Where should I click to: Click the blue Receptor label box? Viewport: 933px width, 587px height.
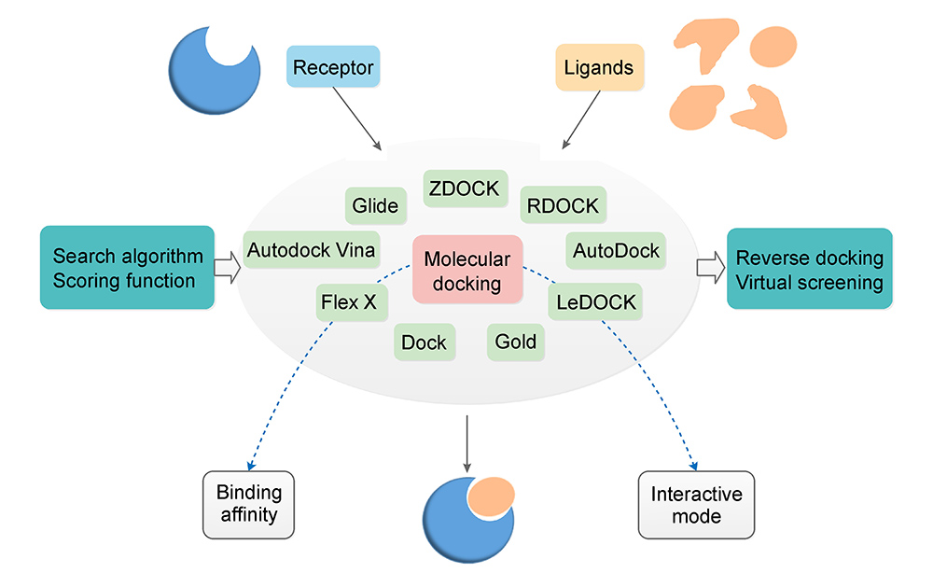(x=333, y=68)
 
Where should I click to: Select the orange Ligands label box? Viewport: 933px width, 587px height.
(x=599, y=68)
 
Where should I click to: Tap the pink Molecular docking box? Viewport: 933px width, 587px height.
(x=466, y=271)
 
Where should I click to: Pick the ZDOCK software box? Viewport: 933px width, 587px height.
(x=464, y=189)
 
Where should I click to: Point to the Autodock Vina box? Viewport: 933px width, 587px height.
(x=311, y=249)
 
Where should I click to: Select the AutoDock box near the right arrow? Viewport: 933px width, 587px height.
(x=616, y=251)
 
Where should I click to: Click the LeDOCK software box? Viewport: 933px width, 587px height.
(x=596, y=301)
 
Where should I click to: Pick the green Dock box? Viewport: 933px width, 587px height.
(x=424, y=342)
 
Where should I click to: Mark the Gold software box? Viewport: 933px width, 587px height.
(x=515, y=342)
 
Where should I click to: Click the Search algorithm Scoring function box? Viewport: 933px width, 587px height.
(x=127, y=268)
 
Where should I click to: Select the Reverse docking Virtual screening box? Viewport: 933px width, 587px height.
(x=809, y=269)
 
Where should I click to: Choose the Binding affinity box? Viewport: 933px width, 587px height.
(x=248, y=504)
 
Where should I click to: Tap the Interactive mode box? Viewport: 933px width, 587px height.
(x=696, y=505)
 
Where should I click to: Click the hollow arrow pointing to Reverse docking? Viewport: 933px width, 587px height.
(x=710, y=268)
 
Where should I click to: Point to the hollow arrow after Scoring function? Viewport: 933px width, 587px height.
(x=227, y=268)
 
